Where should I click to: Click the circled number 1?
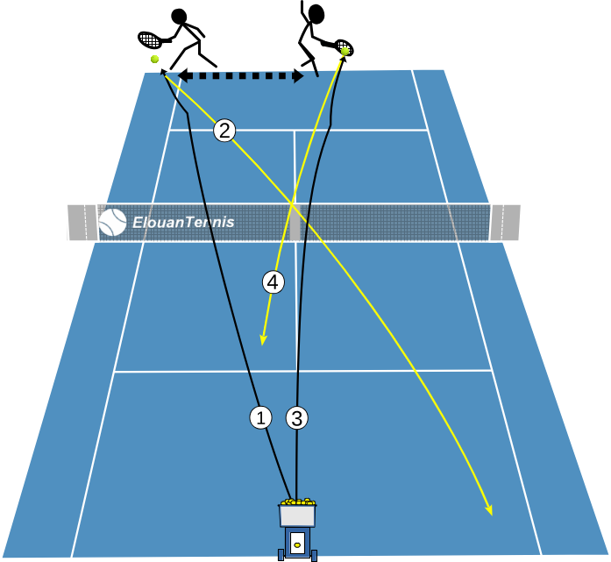pyautogui.click(x=260, y=417)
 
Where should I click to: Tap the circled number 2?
pyautogui.click(x=224, y=131)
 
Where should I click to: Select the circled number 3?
pyautogui.click(x=297, y=418)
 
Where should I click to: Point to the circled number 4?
pyautogui.click(x=274, y=282)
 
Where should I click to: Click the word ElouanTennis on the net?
pyautogui.click(x=183, y=223)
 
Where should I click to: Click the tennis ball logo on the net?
pyautogui.click(x=112, y=223)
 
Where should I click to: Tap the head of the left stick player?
pyautogui.click(x=179, y=17)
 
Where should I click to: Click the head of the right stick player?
pyautogui.click(x=316, y=14)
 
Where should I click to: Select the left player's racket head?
pyautogui.click(x=150, y=39)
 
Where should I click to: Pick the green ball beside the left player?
pyautogui.click(x=154, y=59)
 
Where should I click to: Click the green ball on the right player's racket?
pyautogui.click(x=345, y=51)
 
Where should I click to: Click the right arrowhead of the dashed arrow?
pyautogui.click(x=298, y=75)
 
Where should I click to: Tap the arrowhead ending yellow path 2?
pyautogui.click(x=489, y=509)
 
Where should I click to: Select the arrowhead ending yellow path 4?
pyautogui.click(x=263, y=339)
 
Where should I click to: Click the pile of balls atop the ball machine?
pyautogui.click(x=298, y=502)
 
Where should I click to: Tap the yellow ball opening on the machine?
pyautogui.click(x=297, y=544)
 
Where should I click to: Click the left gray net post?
pyautogui.click(x=82, y=222)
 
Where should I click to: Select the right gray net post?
pyautogui.click(x=505, y=222)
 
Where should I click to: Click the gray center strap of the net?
pyautogui.click(x=295, y=222)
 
